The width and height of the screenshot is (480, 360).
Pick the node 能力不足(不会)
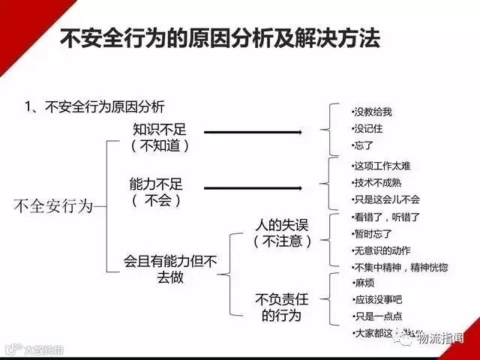(157, 192)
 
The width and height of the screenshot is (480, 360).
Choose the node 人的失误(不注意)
(282, 232)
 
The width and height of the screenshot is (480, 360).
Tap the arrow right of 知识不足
(253, 133)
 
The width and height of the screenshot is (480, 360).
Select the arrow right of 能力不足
(253, 188)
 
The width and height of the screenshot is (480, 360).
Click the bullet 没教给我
(372, 112)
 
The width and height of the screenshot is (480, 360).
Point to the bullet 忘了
(363, 145)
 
